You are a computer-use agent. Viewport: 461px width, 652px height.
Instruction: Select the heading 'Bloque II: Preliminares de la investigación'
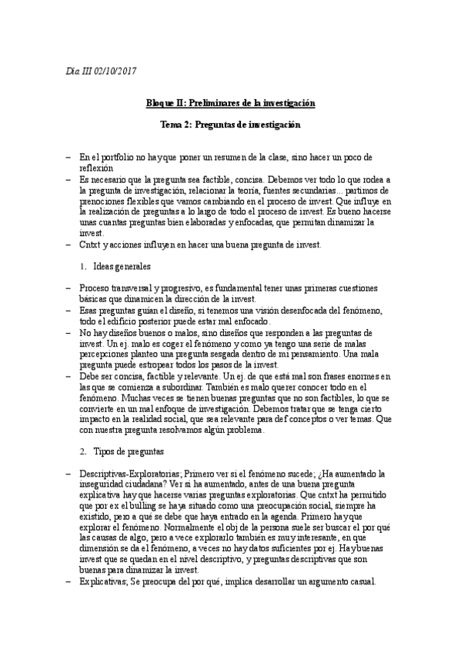[230, 102]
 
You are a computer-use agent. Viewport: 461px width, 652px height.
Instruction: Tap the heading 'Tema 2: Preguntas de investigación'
[230, 124]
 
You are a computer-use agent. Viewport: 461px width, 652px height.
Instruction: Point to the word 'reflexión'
[95, 167]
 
